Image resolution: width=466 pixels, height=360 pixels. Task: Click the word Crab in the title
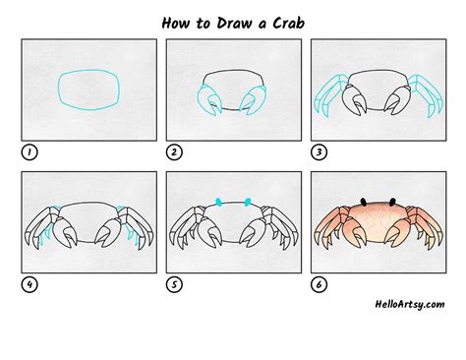(289, 23)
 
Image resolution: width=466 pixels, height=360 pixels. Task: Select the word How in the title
(176, 23)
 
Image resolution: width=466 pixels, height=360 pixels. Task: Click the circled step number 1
(29, 152)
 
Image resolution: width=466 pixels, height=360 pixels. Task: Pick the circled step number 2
(174, 152)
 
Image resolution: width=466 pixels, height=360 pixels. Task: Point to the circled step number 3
(319, 152)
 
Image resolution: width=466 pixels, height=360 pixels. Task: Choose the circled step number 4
(29, 284)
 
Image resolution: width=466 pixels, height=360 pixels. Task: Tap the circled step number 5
(174, 284)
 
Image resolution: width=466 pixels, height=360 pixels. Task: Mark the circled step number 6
(319, 284)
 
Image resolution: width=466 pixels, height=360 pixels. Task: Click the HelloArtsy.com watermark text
(410, 305)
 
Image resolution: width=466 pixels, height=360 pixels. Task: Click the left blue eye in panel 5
(218, 202)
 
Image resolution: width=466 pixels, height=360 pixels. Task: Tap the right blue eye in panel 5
(248, 202)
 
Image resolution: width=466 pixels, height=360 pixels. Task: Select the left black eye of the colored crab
(363, 202)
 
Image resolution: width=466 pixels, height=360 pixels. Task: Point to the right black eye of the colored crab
(392, 202)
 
